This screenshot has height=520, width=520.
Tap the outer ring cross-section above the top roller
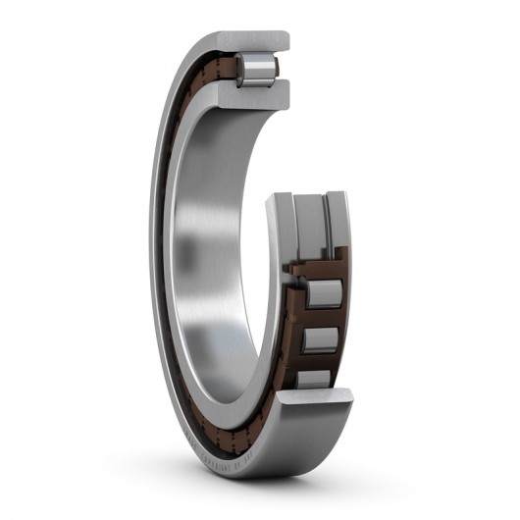[257, 42]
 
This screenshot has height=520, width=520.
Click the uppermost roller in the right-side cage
[323, 293]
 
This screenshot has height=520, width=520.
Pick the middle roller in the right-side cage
[320, 340]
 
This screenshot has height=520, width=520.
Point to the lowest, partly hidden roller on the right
[314, 379]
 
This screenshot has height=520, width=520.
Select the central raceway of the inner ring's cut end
[312, 221]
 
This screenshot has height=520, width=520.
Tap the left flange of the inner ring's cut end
[284, 222]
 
